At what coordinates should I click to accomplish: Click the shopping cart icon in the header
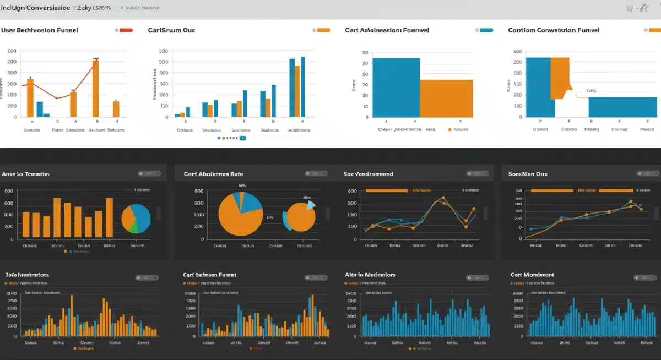630,8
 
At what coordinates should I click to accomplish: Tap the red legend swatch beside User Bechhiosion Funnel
126,30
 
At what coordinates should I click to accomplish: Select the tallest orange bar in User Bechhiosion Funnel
95,88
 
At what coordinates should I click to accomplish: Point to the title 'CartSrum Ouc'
172,31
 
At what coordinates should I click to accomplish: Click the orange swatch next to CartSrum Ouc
324,30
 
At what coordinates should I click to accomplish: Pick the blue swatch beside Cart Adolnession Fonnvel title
486,30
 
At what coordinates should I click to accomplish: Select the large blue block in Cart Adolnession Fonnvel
395,88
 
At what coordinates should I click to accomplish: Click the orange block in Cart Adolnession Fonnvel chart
446,99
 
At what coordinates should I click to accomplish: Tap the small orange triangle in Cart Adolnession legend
450,130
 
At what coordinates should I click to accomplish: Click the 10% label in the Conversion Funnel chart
591,91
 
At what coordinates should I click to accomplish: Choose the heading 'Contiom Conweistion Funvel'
554,31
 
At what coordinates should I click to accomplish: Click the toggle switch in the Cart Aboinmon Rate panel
315,174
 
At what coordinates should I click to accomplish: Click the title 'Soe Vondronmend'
368,174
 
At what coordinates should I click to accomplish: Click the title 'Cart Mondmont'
532,275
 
